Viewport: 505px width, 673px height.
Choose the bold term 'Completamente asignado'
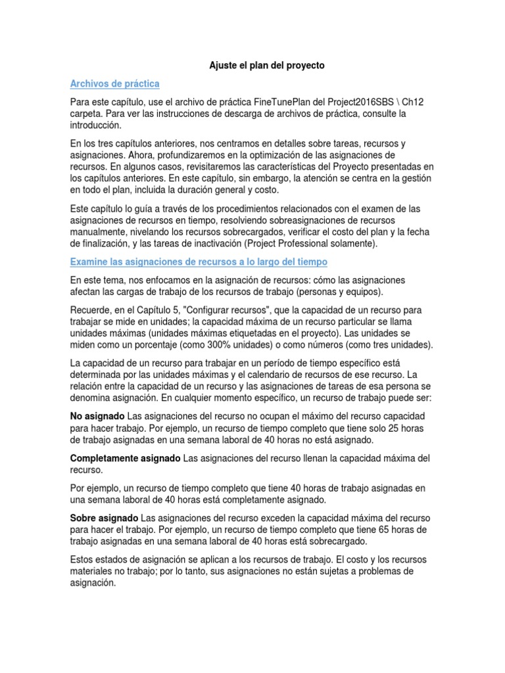(x=124, y=457)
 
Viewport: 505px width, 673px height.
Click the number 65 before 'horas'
(x=397, y=530)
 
